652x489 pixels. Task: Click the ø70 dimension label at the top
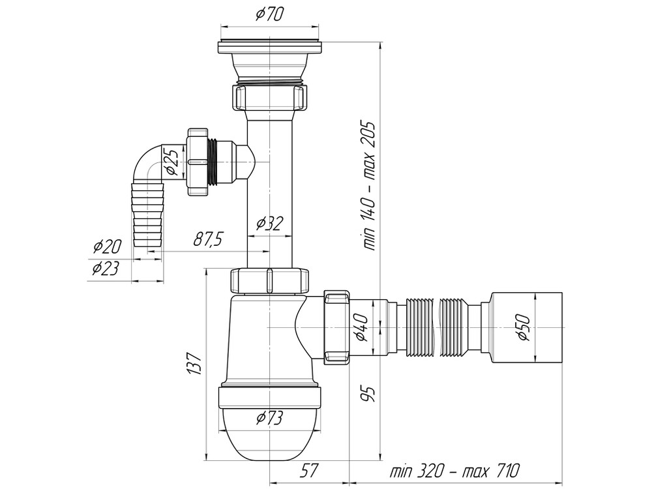pos(269,15)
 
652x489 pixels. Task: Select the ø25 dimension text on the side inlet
pos(173,162)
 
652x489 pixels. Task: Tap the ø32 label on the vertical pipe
pos(269,224)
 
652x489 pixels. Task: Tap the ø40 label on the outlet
pos(363,328)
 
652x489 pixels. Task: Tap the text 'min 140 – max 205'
pos(370,186)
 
